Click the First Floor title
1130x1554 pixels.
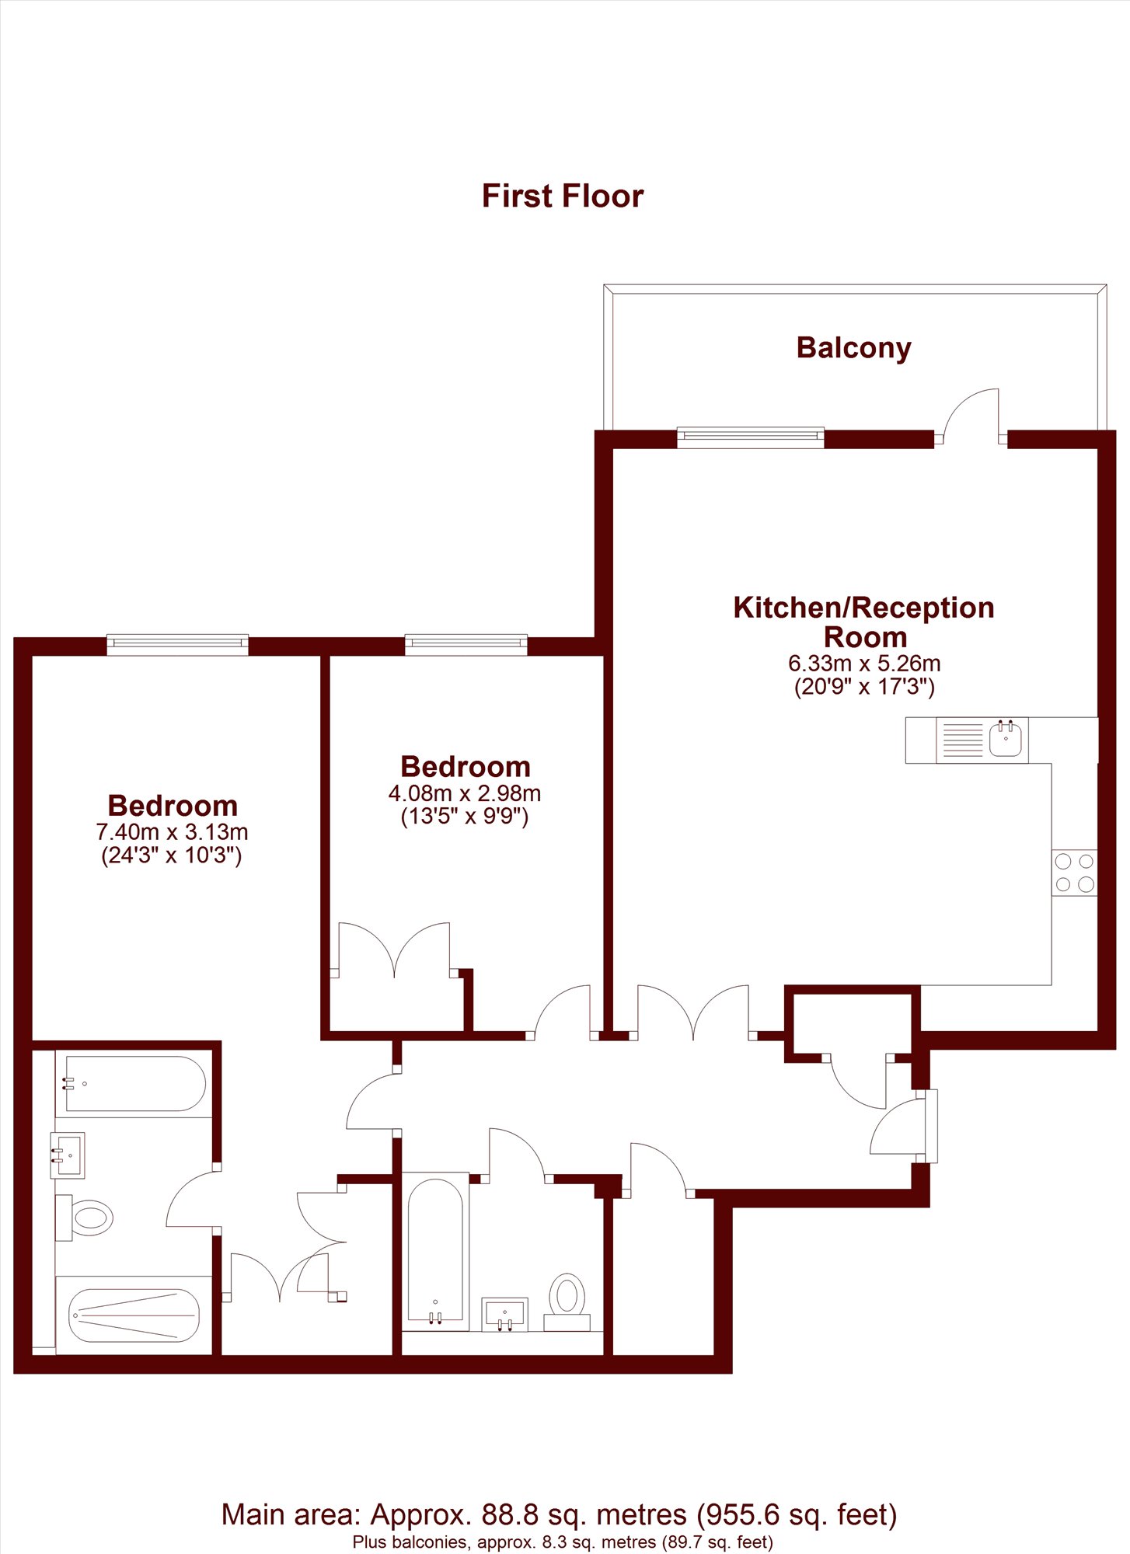[563, 196]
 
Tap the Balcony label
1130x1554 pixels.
[853, 348]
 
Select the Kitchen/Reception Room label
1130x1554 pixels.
[864, 622]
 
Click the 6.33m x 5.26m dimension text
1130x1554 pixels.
[864, 664]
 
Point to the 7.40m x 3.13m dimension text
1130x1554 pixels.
[172, 832]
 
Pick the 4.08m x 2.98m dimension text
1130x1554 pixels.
[465, 793]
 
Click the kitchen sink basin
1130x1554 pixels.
[1006, 739]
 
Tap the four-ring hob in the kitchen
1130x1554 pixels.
[1075, 873]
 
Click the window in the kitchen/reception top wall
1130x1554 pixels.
[750, 437]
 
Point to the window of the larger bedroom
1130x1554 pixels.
[177, 645]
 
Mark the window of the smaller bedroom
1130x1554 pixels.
[466, 645]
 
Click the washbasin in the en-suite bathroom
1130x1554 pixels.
[68, 1155]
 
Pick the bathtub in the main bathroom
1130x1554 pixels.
[435, 1251]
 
